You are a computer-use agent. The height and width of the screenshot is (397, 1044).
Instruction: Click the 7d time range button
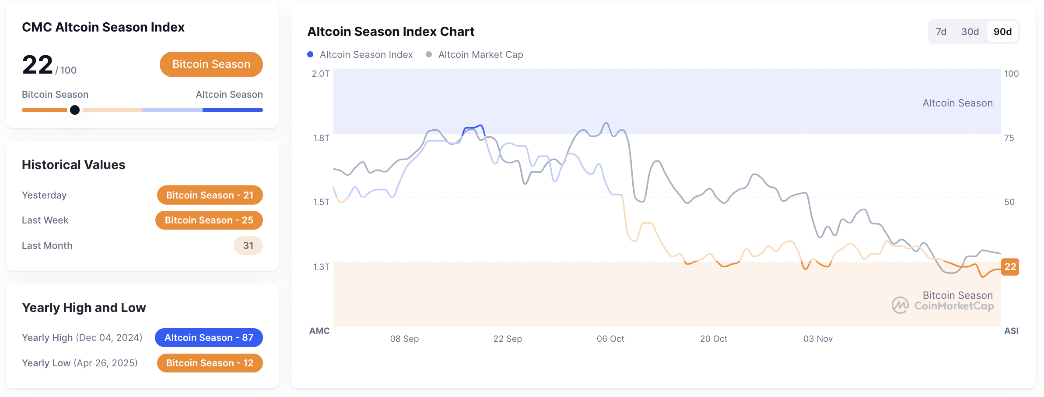click(941, 32)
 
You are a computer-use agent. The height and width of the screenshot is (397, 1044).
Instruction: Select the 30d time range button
click(970, 32)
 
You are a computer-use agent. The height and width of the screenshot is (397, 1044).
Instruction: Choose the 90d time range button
click(1002, 32)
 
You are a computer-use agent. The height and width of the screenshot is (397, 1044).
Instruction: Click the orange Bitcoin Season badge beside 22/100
click(211, 64)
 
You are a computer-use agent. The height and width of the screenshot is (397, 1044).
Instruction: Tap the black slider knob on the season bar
click(75, 110)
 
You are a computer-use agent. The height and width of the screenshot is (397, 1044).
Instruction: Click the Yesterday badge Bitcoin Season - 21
click(210, 195)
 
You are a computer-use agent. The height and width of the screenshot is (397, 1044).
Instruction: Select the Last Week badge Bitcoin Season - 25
click(209, 220)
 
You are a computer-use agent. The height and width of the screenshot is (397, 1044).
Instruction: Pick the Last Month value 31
click(248, 245)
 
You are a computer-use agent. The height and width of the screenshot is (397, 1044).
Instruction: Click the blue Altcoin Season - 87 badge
click(209, 337)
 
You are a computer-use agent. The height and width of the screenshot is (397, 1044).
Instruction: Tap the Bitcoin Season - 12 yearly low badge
click(210, 363)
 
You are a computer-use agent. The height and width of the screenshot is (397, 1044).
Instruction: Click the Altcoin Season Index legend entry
click(360, 54)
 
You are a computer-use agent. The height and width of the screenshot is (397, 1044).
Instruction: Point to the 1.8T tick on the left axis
click(321, 138)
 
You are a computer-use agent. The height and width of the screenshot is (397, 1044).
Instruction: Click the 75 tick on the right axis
click(1009, 138)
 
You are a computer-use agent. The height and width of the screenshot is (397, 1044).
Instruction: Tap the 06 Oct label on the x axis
click(610, 339)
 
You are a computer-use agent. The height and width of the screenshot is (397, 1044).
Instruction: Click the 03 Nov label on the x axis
click(817, 339)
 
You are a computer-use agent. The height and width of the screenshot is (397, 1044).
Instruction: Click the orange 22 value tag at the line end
click(1010, 266)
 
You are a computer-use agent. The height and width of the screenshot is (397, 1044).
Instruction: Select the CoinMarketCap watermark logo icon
click(900, 305)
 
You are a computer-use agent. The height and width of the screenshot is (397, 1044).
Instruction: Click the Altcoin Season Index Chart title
click(391, 32)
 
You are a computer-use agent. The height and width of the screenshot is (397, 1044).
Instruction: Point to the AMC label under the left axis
click(319, 331)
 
